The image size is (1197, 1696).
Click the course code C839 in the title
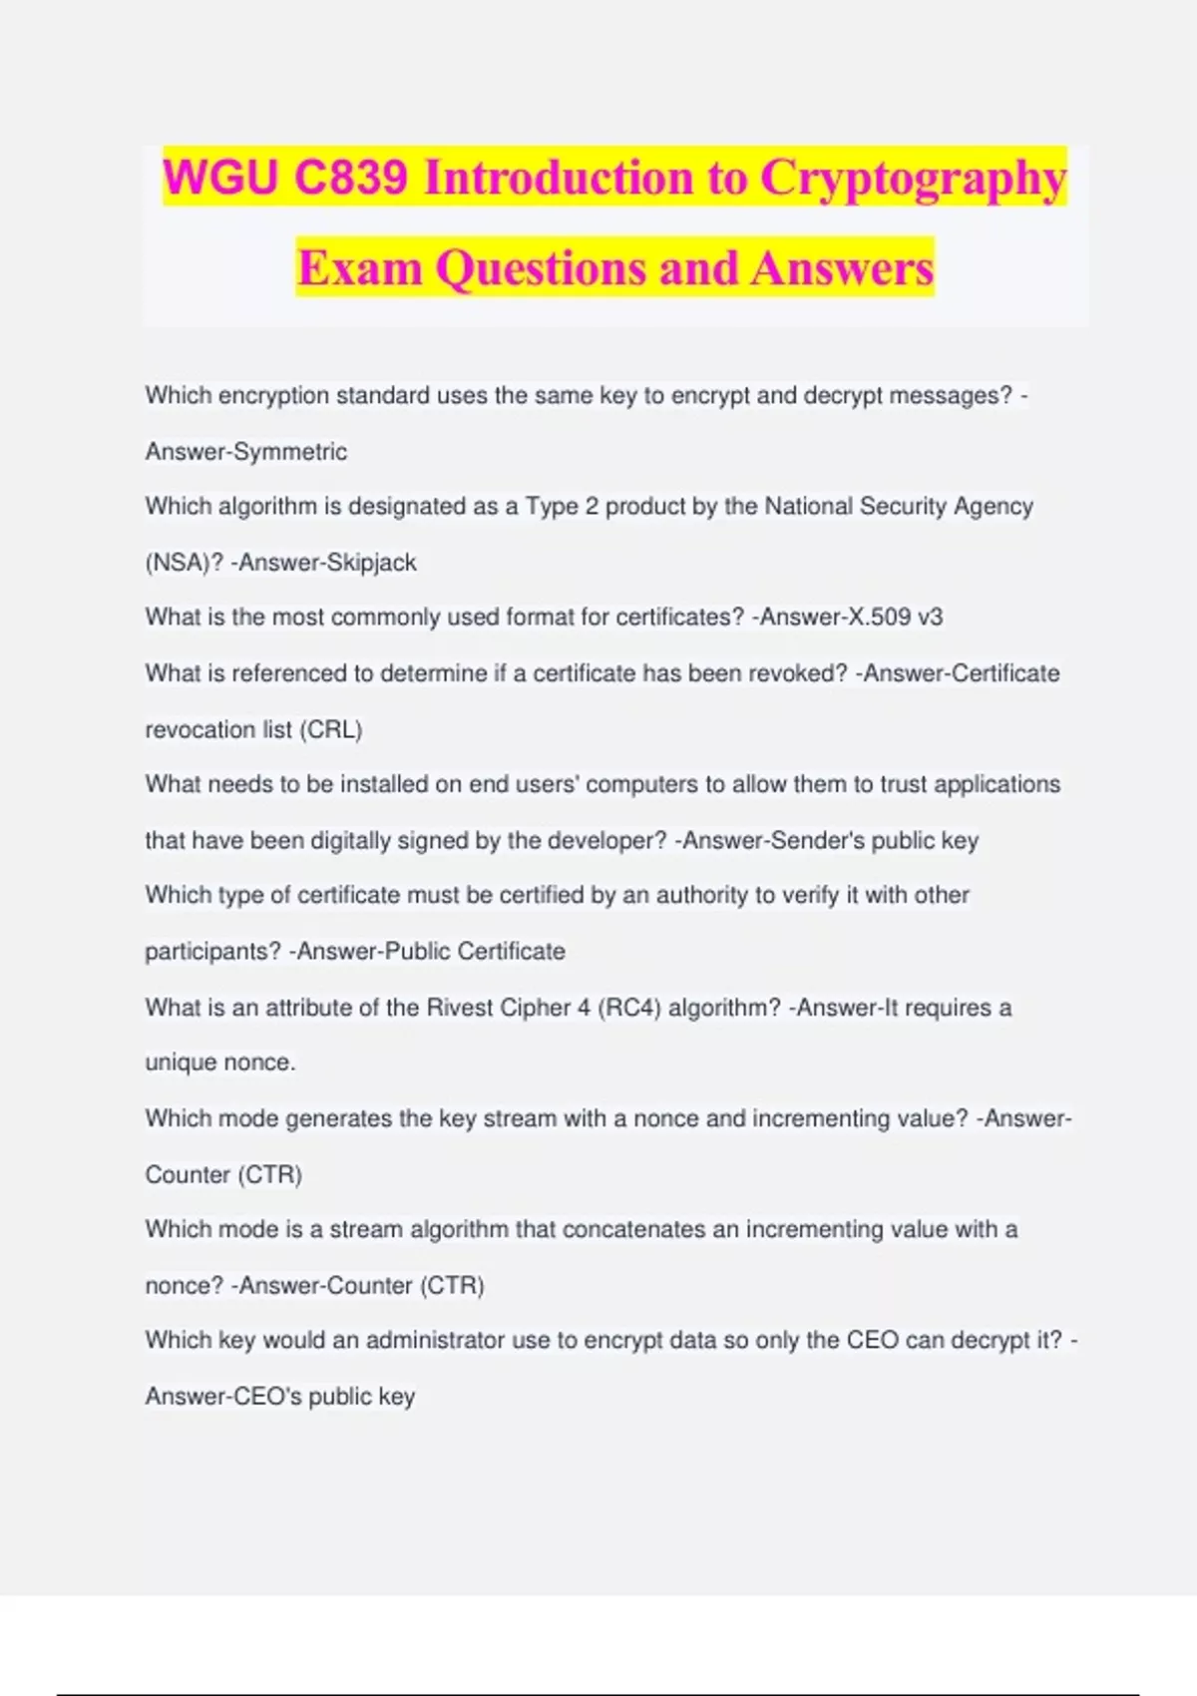[350, 178]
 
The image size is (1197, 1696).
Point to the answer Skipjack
[371, 563]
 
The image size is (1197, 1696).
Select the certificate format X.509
[878, 618]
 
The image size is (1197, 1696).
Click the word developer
[609, 840]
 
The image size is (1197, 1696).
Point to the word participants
[212, 952]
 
